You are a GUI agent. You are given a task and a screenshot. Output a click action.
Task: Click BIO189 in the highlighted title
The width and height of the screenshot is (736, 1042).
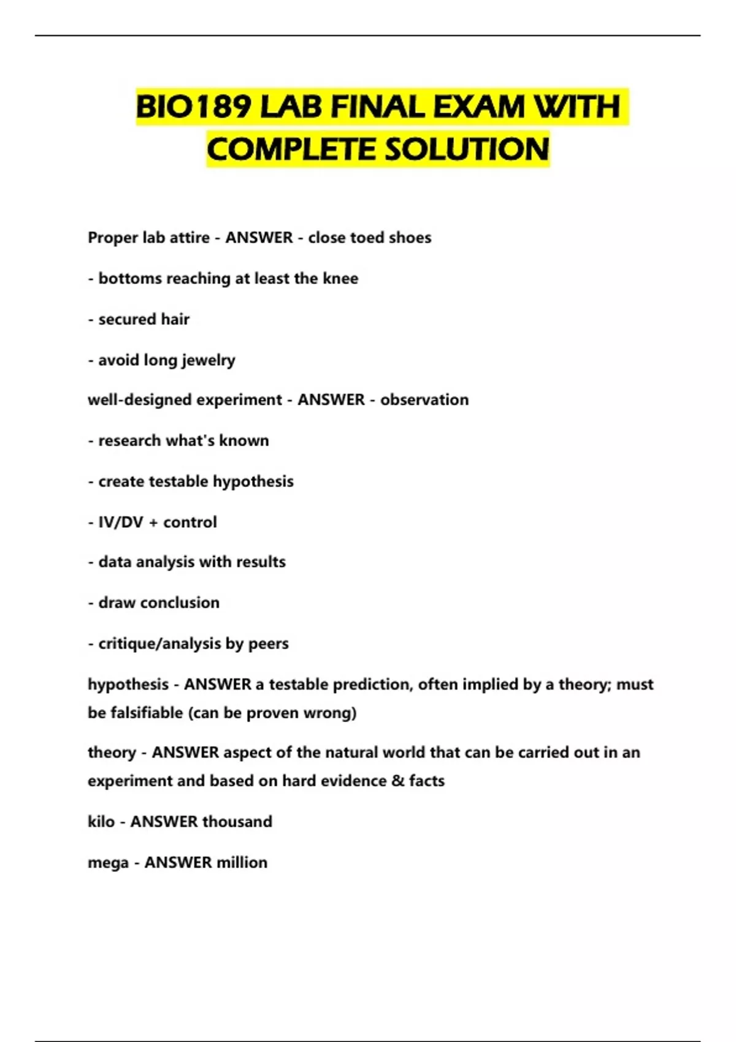coord(194,107)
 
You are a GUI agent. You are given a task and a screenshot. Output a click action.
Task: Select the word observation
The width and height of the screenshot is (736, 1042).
coord(424,400)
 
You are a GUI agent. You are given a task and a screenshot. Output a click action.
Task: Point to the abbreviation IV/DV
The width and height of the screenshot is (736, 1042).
coord(121,522)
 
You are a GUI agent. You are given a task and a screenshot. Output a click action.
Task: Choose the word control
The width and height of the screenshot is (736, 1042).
coord(190,522)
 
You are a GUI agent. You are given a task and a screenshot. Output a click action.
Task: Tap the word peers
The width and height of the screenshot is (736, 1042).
coord(268,644)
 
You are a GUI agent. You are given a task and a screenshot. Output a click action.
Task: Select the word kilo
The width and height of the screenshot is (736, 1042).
coord(101,821)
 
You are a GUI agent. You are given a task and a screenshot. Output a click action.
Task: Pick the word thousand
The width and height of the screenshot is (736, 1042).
coord(237,821)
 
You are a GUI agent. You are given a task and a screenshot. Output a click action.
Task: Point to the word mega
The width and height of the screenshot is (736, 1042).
coord(108,863)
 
